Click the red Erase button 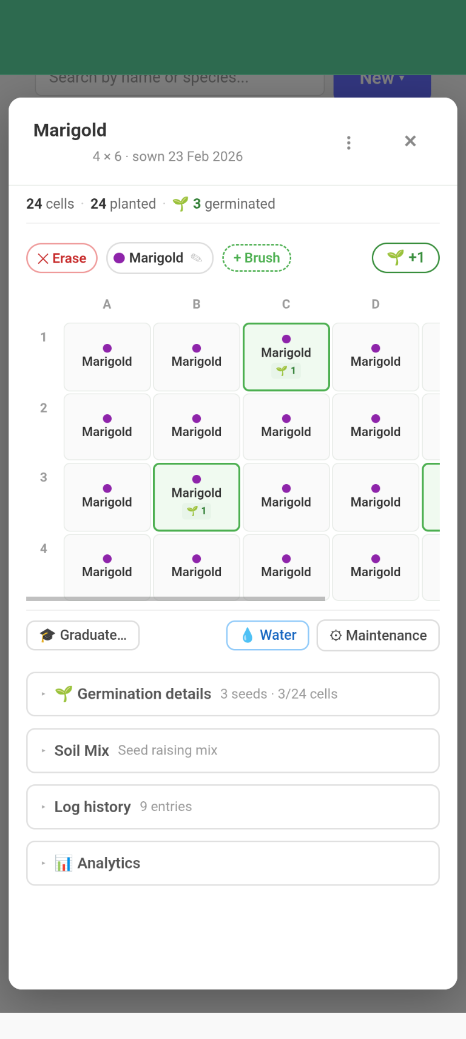pyautogui.click(x=62, y=258)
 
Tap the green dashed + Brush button pyautogui.click(x=257, y=258)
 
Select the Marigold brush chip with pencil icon pyautogui.click(x=160, y=258)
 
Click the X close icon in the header pyautogui.click(x=410, y=141)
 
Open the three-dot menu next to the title pyautogui.click(x=348, y=143)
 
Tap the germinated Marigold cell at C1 pyautogui.click(x=286, y=357)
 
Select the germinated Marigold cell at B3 pyautogui.click(x=197, y=497)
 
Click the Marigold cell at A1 pyautogui.click(x=107, y=357)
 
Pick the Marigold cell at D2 pyautogui.click(x=376, y=426)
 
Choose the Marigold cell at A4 pyautogui.click(x=107, y=567)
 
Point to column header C pyautogui.click(x=286, y=304)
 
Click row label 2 pyautogui.click(x=44, y=408)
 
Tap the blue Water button pyautogui.click(x=268, y=635)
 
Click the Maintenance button pyautogui.click(x=378, y=635)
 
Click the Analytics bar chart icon pyautogui.click(x=63, y=863)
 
